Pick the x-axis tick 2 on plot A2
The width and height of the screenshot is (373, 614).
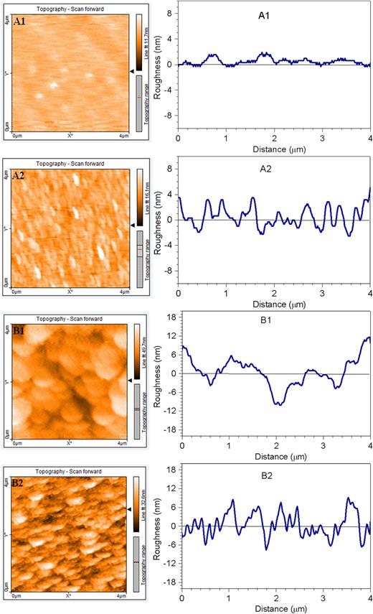pyautogui.click(x=274, y=293)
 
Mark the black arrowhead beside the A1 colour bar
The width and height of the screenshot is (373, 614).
pyautogui.click(x=131, y=71)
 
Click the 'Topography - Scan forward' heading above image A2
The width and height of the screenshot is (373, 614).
pyautogui.click(x=70, y=163)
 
